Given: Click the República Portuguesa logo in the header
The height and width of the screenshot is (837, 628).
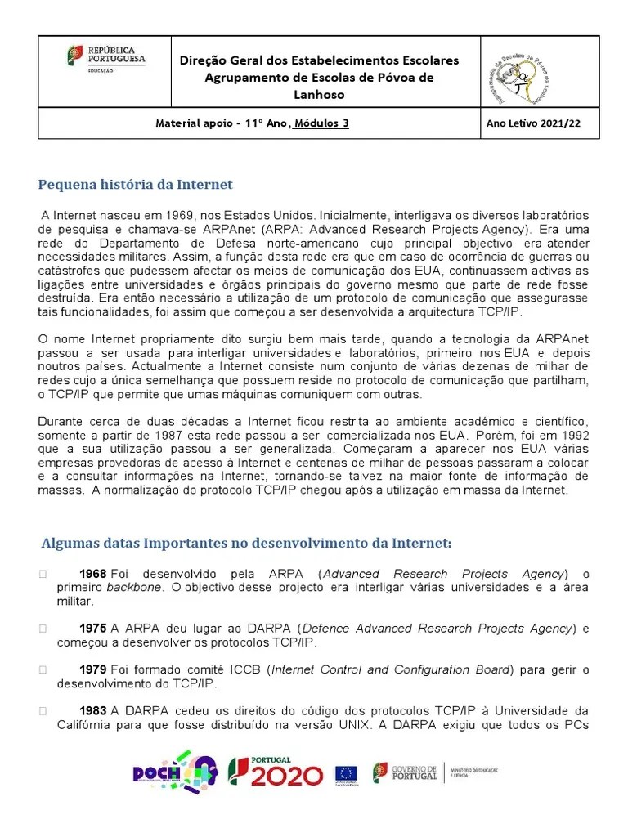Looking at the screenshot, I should (105, 59).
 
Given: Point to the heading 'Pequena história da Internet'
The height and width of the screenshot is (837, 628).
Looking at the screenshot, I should (136, 184).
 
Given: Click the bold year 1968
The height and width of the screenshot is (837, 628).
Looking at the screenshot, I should (93, 574).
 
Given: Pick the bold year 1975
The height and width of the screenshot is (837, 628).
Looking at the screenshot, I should (93, 629).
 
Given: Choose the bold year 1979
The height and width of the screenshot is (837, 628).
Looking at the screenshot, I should (93, 670).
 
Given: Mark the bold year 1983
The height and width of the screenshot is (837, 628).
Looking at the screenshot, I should (93, 711).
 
